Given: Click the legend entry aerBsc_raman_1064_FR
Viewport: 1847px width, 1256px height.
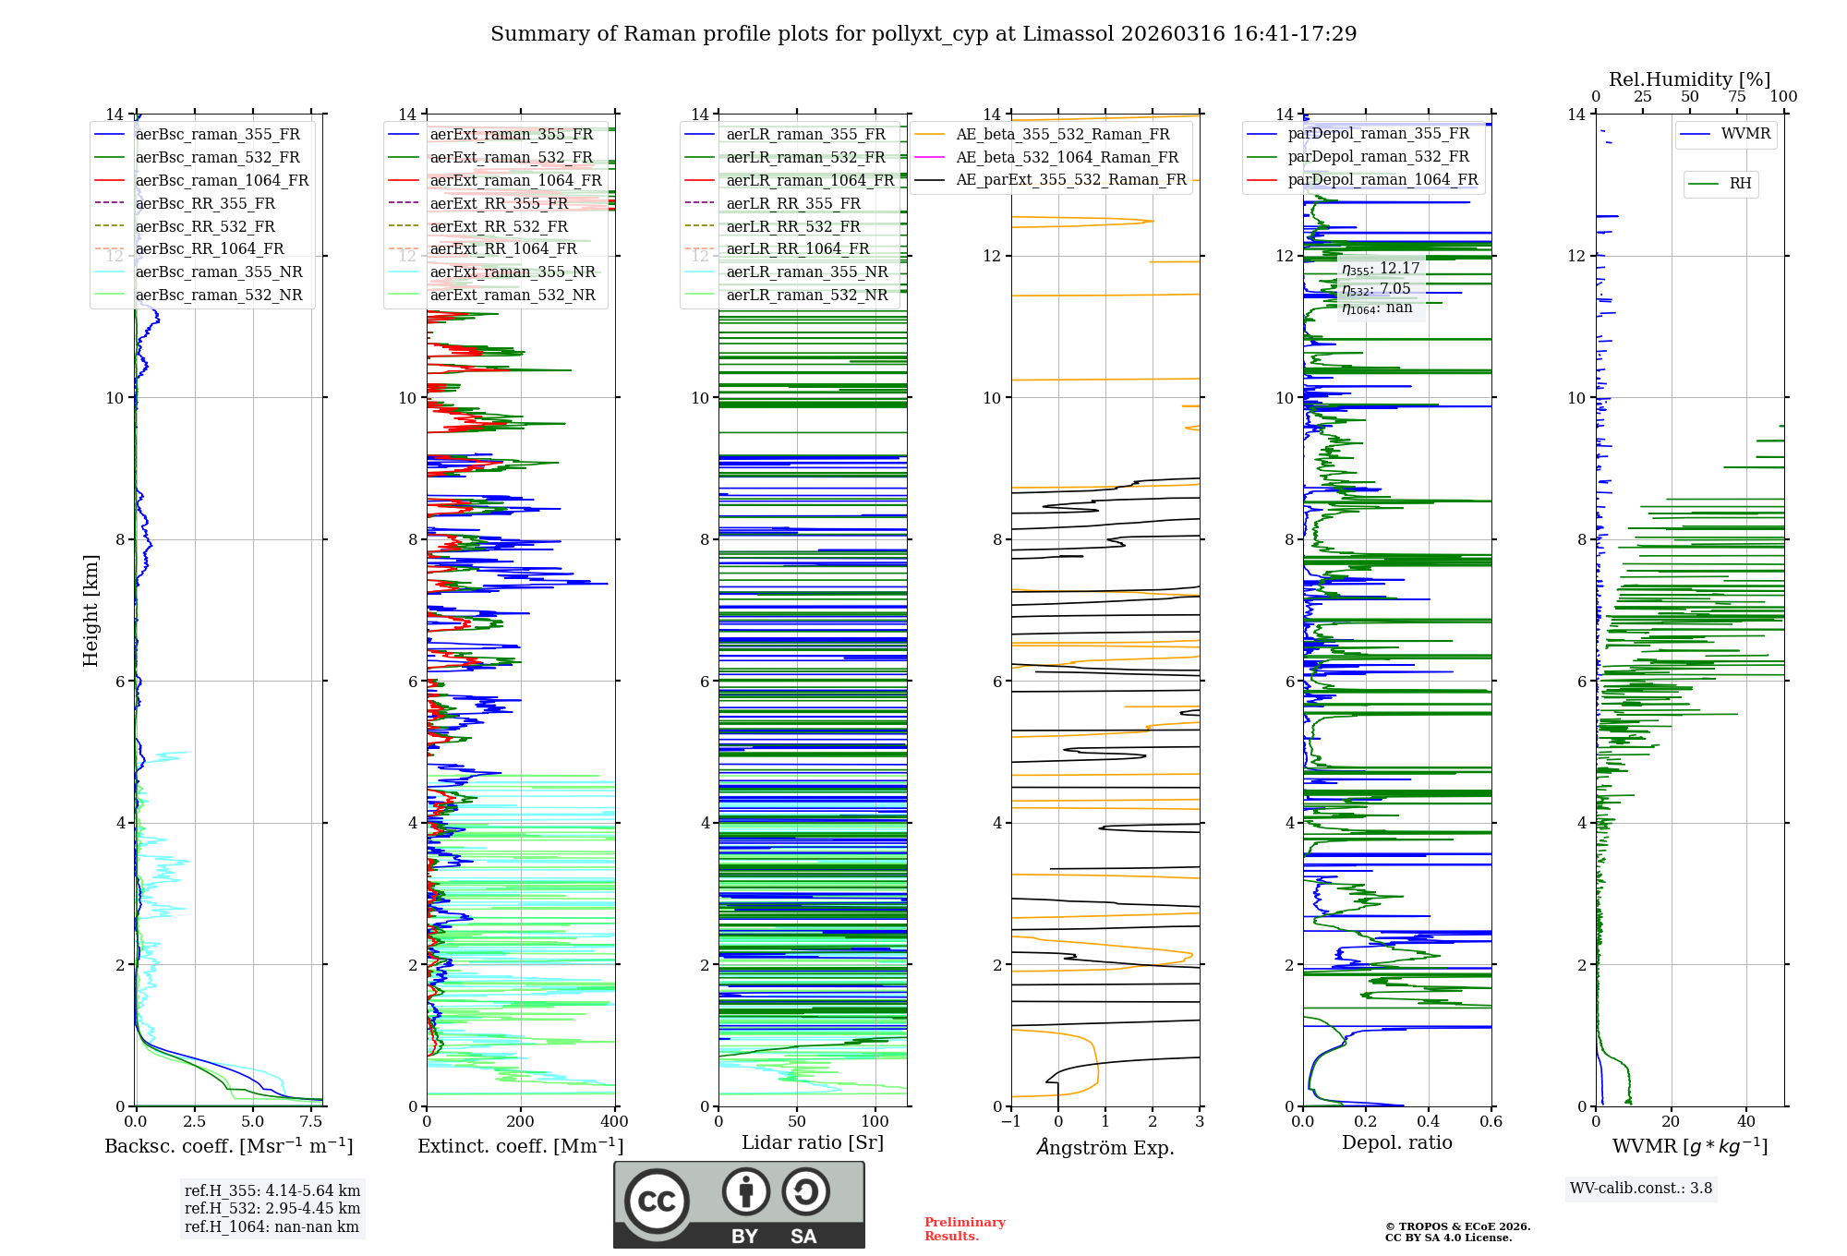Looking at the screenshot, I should click(x=222, y=180).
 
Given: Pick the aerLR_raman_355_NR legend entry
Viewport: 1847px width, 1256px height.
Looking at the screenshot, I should click(x=806, y=272).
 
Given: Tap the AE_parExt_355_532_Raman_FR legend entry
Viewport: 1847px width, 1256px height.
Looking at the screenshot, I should click(x=1070, y=179).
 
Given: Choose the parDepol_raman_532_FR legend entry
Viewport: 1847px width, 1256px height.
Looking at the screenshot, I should click(x=1378, y=156).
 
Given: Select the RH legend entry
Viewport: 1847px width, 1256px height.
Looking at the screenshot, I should click(x=1740, y=184).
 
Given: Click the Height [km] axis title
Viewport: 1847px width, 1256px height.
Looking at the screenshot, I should click(x=91, y=610).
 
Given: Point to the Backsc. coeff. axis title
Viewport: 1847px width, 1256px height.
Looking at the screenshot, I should click(x=228, y=1146).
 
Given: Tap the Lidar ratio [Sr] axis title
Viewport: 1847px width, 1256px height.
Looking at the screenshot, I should click(x=813, y=1142).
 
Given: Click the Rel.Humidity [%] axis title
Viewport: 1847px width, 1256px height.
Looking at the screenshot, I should click(x=1689, y=79).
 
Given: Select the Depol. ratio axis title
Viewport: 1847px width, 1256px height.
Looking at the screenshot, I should click(x=1396, y=1142).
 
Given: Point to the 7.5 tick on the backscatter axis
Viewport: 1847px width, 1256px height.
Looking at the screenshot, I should click(x=311, y=1121).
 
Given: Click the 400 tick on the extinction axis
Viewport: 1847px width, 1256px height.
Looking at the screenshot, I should click(x=614, y=1121).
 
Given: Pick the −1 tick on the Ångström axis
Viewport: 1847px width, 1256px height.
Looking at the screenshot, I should click(x=1010, y=1121).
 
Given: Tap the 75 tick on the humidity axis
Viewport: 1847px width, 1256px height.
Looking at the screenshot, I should click(x=1736, y=96).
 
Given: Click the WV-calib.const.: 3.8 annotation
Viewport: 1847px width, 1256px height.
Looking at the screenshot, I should click(x=1640, y=1188).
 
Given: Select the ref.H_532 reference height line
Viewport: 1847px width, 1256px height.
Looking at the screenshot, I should click(x=272, y=1208).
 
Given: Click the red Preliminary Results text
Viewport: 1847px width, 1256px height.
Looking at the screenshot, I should click(x=964, y=1228).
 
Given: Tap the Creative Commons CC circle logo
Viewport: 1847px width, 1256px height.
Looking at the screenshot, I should click(x=657, y=1201).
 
